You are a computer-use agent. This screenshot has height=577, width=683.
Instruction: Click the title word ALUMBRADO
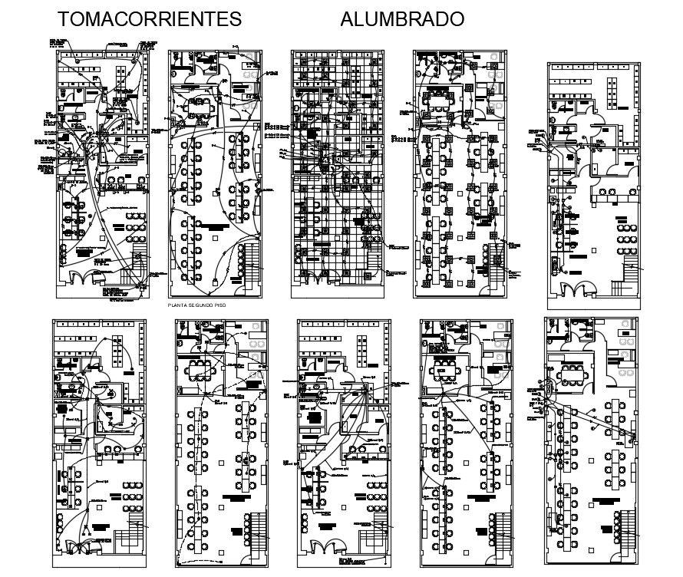[x=402, y=19]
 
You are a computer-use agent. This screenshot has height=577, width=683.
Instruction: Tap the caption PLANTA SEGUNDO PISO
[x=200, y=305]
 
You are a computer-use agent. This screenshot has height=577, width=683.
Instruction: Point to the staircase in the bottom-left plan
[x=135, y=531]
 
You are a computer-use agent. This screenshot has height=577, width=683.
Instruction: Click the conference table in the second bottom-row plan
[x=203, y=367]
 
